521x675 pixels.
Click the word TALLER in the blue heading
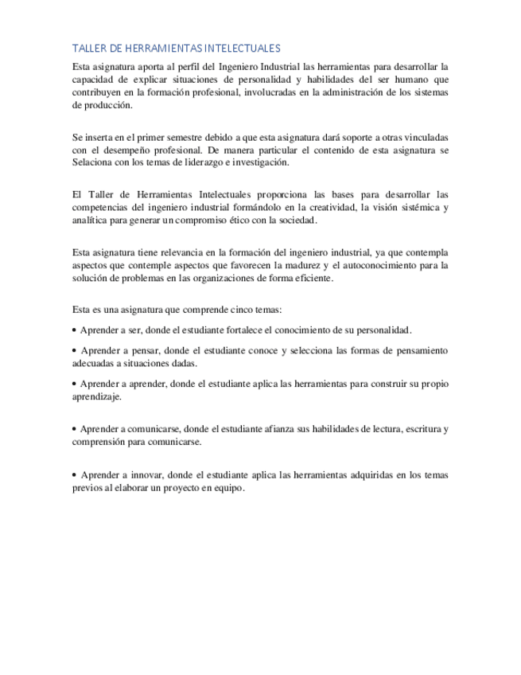click(86, 49)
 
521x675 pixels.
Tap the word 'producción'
click(94, 105)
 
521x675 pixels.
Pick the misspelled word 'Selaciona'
click(91, 163)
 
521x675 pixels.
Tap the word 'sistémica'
click(414, 209)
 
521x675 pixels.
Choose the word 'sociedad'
click(297, 221)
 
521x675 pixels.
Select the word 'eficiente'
click(312, 279)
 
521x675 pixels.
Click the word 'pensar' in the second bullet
click(145, 351)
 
